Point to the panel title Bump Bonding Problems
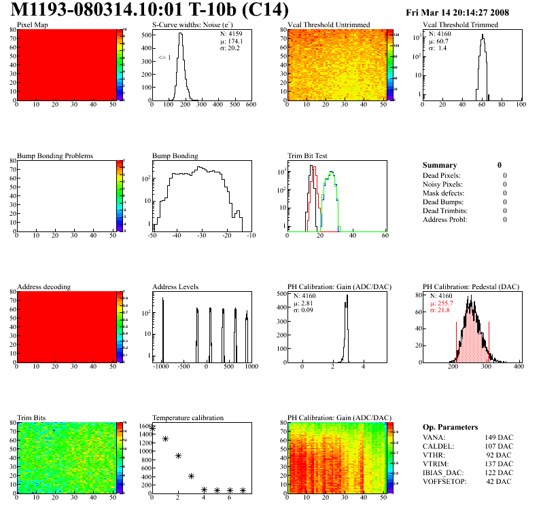pos(55,156)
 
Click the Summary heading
pos(440,165)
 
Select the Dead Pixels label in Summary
pos(442,175)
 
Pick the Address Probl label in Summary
pos(444,219)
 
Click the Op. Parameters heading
pos(450,427)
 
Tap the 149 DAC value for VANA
pos(499,437)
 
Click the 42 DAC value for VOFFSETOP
pos(500,481)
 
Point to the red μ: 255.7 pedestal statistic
pos(442,303)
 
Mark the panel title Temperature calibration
pos(188,418)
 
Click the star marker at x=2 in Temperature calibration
pos(178,455)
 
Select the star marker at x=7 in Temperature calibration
pos(243,490)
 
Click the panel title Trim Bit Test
pos(309,156)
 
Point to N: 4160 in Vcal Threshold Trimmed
pos(440,33)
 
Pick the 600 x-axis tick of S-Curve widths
pos(251,105)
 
